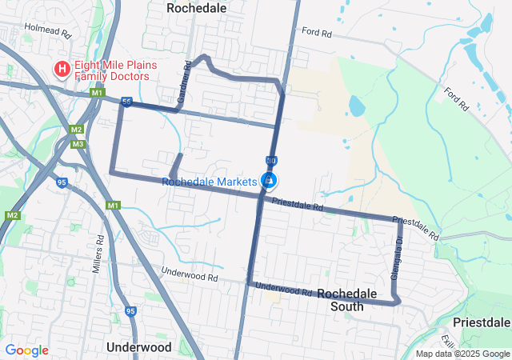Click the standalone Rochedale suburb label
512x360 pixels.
pyautogui.click(x=196, y=7)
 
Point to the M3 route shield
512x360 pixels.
pyautogui.click(x=78, y=144)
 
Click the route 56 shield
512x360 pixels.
pyautogui.click(x=126, y=102)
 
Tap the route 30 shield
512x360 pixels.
pyautogui.click(x=271, y=160)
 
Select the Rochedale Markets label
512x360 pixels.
pyautogui.click(x=209, y=182)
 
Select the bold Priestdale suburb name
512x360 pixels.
pyautogui.click(x=482, y=322)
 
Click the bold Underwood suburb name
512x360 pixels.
pyautogui.click(x=138, y=347)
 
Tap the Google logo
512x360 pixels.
pyautogui.click(x=26, y=350)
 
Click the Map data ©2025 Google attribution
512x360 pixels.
pyautogui.click(x=462, y=354)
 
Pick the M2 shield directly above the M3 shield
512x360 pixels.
pyautogui.click(x=77, y=130)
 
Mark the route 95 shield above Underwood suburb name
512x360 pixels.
pyautogui.click(x=131, y=310)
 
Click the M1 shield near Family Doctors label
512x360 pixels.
pyautogui.click(x=97, y=94)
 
